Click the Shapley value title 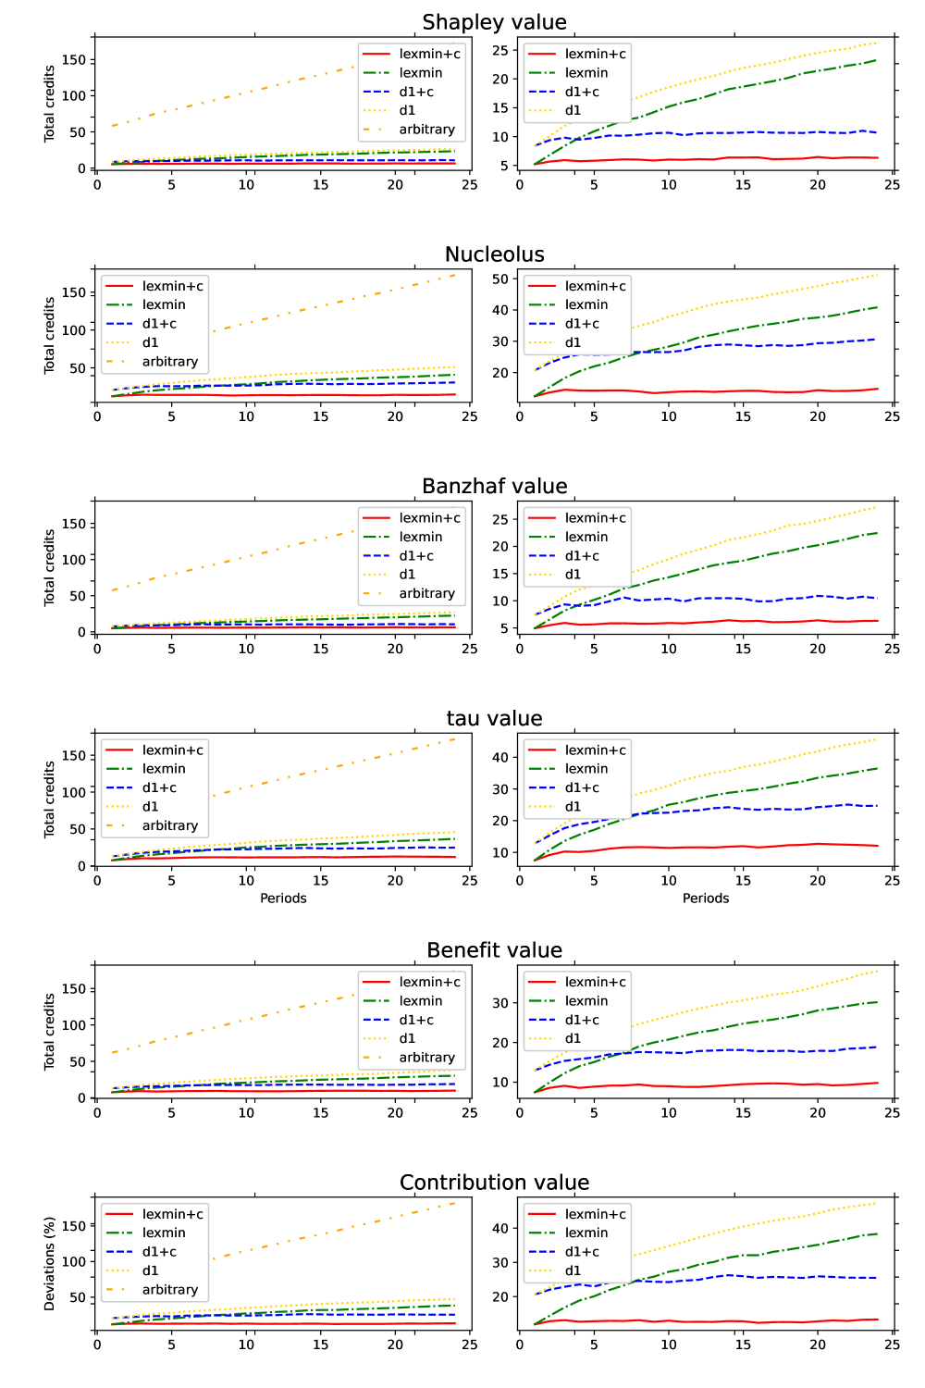(494, 22)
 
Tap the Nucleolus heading (494, 254)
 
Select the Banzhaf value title (494, 487)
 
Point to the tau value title (494, 719)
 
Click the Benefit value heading (494, 950)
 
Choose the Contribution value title (494, 1183)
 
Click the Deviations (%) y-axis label (50, 1263)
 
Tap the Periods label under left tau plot (283, 898)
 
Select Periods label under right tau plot (706, 898)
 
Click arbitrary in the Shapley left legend (426, 130)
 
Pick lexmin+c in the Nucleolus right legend (595, 286)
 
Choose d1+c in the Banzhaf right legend (582, 556)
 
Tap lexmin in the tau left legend (164, 769)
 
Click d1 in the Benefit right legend (573, 1038)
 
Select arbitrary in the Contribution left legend (169, 1290)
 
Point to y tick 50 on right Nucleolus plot (500, 279)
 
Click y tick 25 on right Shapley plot (500, 50)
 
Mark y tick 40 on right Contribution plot (500, 1229)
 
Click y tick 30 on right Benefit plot (500, 1003)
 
